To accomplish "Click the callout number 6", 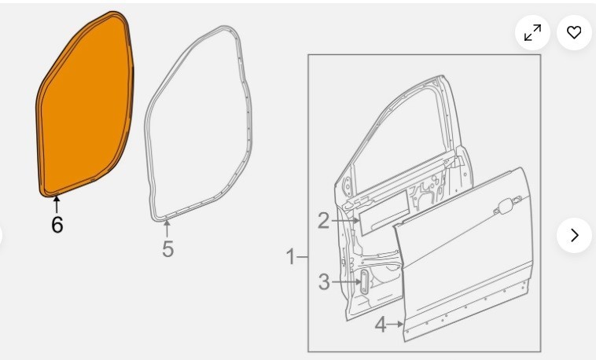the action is point(57,224).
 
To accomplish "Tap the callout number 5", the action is point(167,249).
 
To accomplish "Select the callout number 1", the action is point(290,256).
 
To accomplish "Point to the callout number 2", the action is point(323,221).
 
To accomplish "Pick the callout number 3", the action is point(324,282).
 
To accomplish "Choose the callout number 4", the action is point(381,325).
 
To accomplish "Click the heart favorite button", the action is point(574,32).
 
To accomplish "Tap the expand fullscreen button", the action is point(532,32).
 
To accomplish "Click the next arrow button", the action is point(574,235).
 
